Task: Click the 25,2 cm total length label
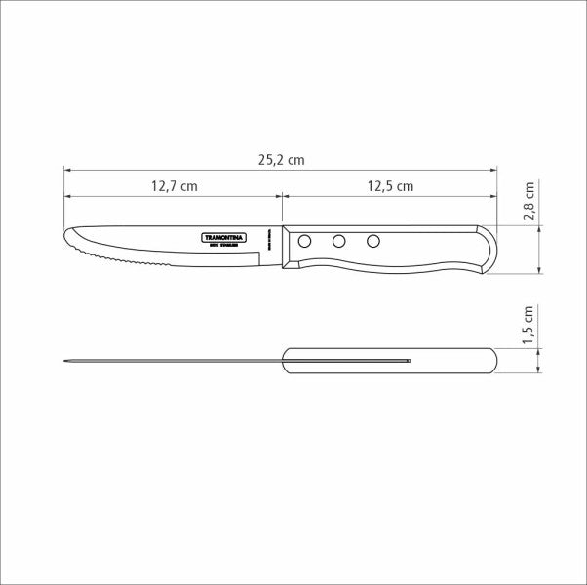tap(282, 159)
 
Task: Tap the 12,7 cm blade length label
tap(175, 185)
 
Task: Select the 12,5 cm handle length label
tap(389, 185)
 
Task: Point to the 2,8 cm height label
tap(528, 202)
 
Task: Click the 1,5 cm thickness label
tap(528, 324)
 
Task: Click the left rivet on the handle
tap(305, 240)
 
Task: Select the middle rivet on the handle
tap(339, 240)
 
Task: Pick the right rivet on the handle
tap(372, 240)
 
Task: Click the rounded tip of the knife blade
tap(67, 237)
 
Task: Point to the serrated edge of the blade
tap(127, 260)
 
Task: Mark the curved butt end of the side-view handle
tap(492, 248)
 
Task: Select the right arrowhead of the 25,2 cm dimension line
tap(493, 169)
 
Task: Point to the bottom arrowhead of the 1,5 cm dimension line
tap(540, 369)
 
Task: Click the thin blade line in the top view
tap(176, 362)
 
